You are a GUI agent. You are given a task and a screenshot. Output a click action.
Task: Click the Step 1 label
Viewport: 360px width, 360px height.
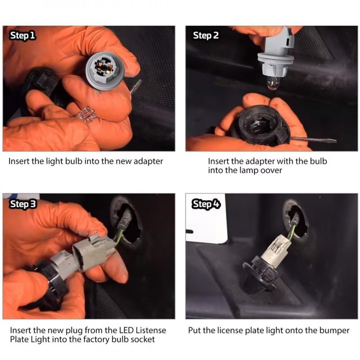tap(22, 36)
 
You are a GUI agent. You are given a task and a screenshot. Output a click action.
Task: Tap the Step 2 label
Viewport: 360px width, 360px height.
tap(206, 36)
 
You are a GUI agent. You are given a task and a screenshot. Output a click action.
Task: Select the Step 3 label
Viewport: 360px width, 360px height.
tap(22, 204)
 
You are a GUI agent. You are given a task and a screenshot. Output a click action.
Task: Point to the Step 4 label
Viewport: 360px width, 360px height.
tap(206, 204)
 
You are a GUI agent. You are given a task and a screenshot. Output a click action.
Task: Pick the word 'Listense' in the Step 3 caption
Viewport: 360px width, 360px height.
tap(151, 330)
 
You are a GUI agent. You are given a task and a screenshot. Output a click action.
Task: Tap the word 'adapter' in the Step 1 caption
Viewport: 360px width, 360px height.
tap(148, 162)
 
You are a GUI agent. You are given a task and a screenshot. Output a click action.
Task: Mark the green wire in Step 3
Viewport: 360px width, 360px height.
tap(121, 234)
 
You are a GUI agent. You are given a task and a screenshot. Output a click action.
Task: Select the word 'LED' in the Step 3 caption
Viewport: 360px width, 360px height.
tap(126, 330)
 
